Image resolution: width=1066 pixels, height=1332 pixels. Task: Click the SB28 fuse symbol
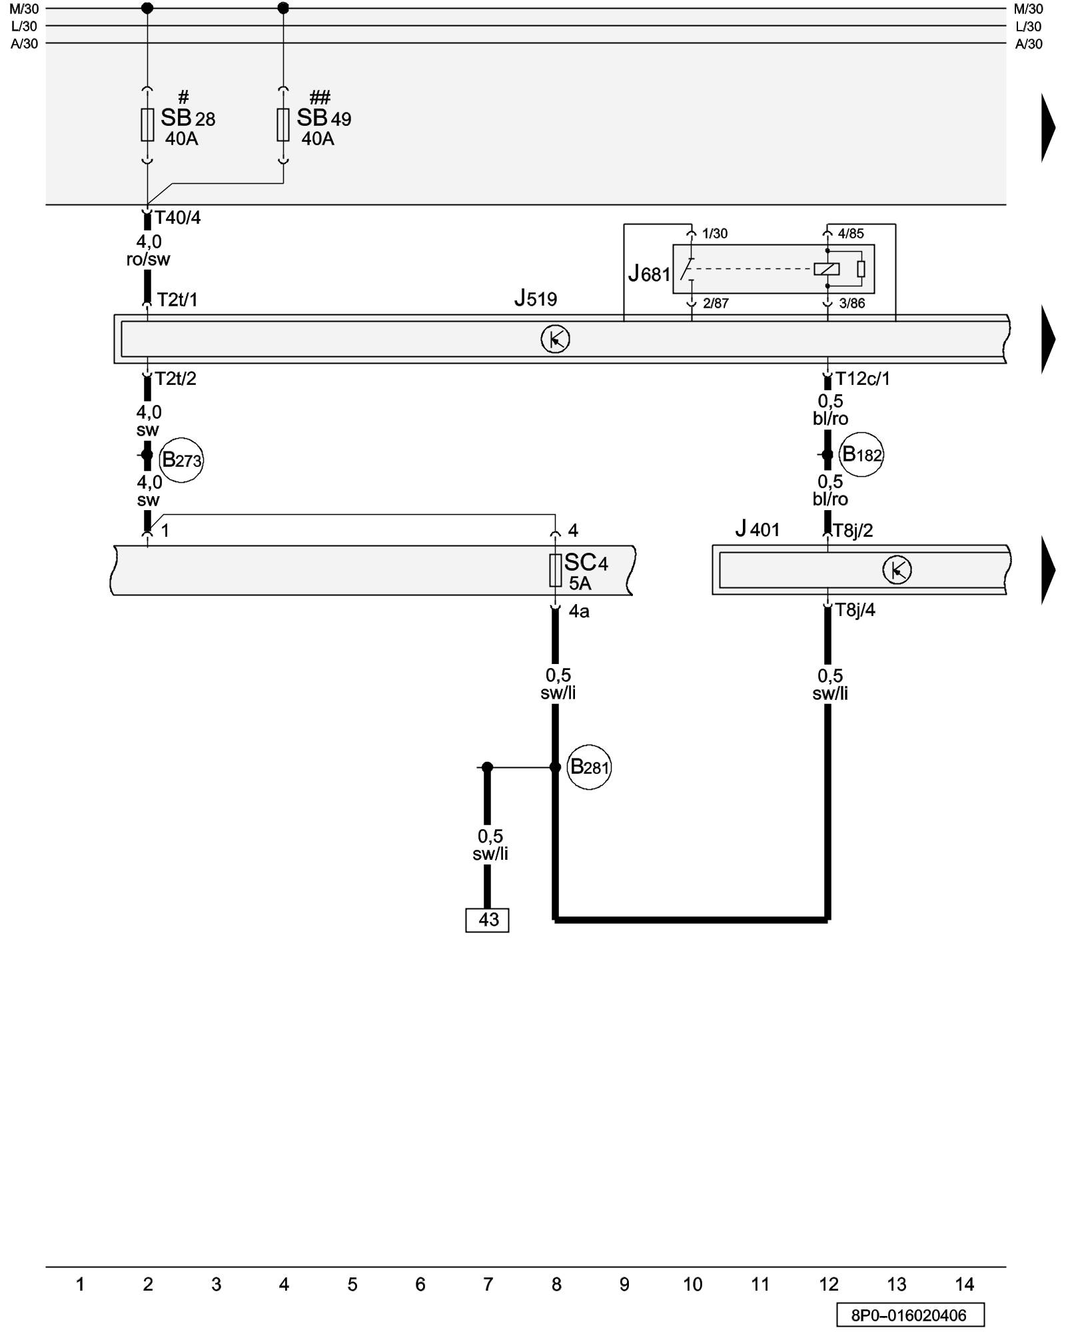click(x=147, y=125)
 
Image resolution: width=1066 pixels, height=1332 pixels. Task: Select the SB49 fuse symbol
click(x=283, y=125)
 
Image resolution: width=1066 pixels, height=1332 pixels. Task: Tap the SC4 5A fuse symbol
click(x=555, y=570)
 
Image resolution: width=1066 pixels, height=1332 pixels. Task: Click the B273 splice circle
click(x=181, y=460)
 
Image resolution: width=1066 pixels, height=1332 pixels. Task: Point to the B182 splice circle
click(x=861, y=455)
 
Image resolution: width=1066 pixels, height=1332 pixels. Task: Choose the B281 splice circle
click(x=589, y=767)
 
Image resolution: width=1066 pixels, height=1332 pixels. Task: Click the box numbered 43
click(x=487, y=920)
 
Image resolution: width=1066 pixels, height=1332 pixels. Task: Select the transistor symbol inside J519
click(x=555, y=340)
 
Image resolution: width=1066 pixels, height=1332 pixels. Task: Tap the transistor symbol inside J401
click(x=897, y=570)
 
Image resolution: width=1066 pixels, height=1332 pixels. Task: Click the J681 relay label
click(x=649, y=273)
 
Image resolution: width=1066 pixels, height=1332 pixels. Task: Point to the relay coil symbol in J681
click(x=826, y=269)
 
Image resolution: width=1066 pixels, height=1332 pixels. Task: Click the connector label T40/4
click(x=177, y=218)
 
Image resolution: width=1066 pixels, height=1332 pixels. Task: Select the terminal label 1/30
click(x=715, y=234)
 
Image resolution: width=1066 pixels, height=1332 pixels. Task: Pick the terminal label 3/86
click(x=851, y=304)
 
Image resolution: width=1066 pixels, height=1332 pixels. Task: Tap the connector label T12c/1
click(x=862, y=379)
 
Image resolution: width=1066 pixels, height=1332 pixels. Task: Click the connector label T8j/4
click(x=855, y=610)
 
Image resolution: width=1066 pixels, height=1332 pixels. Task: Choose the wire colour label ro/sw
click(x=148, y=260)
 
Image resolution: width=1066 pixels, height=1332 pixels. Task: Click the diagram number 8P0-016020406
click(x=910, y=1315)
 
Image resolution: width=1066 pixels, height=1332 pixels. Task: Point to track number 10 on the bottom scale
click(x=692, y=1285)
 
